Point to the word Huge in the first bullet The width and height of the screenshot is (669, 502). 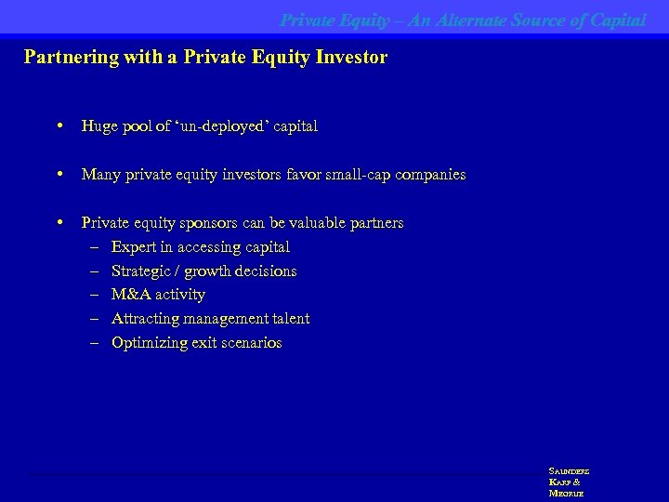(x=99, y=126)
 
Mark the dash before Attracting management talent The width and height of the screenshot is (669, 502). (x=95, y=319)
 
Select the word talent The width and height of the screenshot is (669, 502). (x=289, y=319)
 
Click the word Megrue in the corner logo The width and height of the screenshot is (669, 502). (x=566, y=493)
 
